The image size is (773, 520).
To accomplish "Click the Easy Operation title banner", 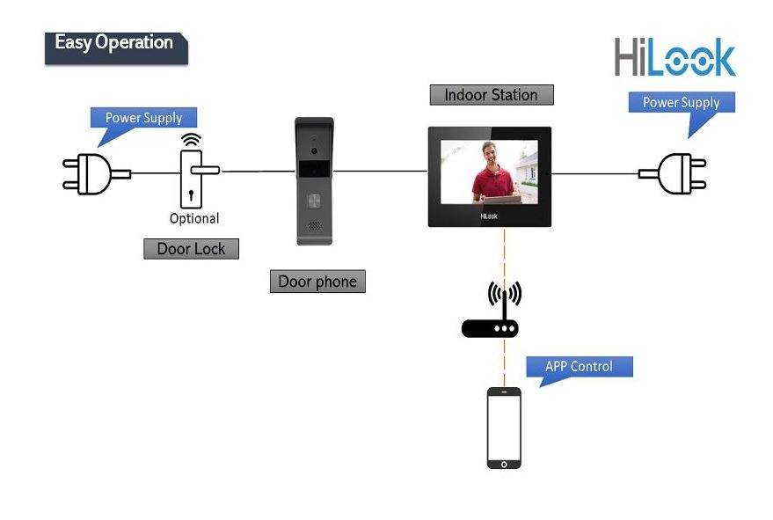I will [115, 44].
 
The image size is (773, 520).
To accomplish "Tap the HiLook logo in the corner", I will [675, 58].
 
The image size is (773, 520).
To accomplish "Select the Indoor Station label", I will [491, 95].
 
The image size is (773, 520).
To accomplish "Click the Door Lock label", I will [191, 249].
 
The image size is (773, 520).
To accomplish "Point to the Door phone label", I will [317, 282].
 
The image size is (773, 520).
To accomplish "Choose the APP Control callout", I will [578, 367].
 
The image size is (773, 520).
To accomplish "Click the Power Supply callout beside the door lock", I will [143, 118].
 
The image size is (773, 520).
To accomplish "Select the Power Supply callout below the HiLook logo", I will [681, 103].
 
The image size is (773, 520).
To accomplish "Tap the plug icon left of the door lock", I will [86, 173].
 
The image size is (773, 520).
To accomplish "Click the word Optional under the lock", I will [194, 218].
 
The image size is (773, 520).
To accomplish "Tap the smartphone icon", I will [504, 428].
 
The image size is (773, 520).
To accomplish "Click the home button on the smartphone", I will [504, 462].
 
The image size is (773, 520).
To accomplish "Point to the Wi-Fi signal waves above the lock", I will [190, 140].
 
